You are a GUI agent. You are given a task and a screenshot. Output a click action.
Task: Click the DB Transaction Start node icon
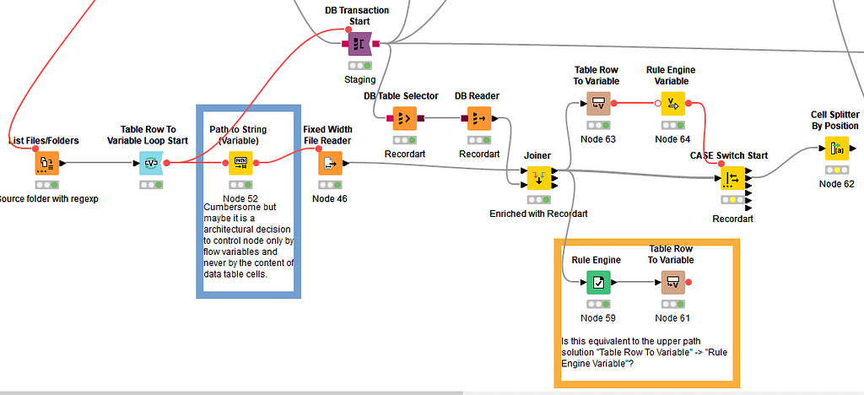coord(359,43)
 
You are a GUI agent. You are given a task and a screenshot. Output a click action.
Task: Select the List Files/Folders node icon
coord(47,163)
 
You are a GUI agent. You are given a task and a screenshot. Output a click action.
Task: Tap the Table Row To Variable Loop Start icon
coord(152,163)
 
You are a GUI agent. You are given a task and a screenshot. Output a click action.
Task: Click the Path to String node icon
coord(240,163)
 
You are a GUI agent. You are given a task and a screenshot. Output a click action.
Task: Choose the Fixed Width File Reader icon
coord(330,163)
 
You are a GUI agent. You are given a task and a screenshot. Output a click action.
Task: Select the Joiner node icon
coord(537,178)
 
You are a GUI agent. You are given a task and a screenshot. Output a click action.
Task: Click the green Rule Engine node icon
coord(597,282)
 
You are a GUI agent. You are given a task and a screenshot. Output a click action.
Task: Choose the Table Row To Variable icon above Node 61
coord(672,282)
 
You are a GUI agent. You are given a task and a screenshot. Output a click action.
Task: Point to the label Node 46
coord(329,199)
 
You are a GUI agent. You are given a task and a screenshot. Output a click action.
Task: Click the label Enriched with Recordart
coord(537,214)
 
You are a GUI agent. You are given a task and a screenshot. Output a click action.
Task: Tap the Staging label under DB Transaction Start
coord(359,79)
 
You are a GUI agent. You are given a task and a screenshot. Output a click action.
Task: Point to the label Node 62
coord(836,184)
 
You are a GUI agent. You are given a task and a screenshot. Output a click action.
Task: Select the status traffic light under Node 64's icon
coord(672,125)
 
